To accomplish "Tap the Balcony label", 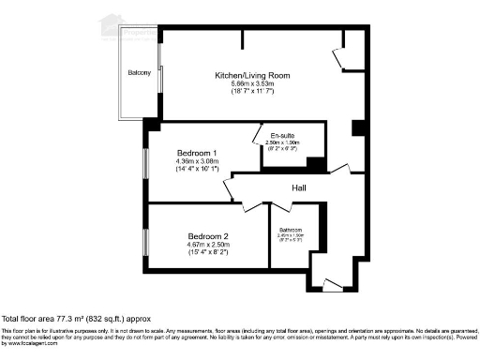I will (140, 73).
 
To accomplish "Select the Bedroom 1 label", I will (197, 153).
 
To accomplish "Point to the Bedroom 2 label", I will (208, 235).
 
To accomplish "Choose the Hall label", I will (300, 188).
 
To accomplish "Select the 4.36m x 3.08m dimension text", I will (197, 161).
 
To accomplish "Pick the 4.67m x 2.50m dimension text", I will (208, 244).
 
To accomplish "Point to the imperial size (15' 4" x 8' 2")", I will (208, 251).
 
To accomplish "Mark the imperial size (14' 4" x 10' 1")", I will (197, 170).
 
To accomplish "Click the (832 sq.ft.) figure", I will (104, 320).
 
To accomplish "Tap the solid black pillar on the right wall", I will (356, 128).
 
